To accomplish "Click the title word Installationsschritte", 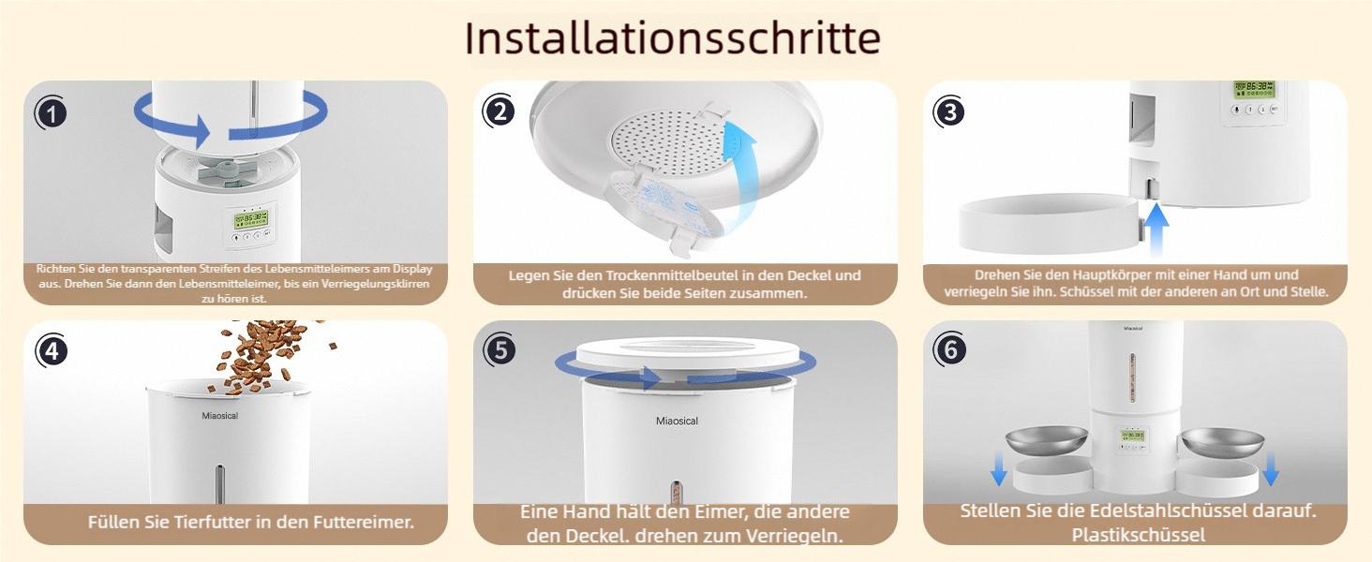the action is pyautogui.click(x=672, y=38).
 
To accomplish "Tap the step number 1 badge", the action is pyautogui.click(x=51, y=113).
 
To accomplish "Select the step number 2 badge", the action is pyautogui.click(x=500, y=112).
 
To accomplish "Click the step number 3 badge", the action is pyautogui.click(x=949, y=112).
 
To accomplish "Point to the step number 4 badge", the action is pyautogui.click(x=52, y=351).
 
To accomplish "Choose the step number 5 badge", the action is pyautogui.click(x=500, y=350).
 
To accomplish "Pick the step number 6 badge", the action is pyautogui.click(x=950, y=350).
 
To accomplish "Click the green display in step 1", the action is pyautogui.click(x=251, y=219).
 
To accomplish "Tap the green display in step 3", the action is pyautogui.click(x=1254, y=89).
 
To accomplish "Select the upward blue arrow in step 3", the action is pyautogui.click(x=1156, y=229).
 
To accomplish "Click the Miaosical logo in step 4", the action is pyautogui.click(x=220, y=416).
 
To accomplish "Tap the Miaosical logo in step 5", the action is pyautogui.click(x=677, y=421).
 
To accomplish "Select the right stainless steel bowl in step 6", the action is pyautogui.click(x=1223, y=443).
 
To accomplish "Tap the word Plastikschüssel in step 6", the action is pyautogui.click(x=1139, y=535).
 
